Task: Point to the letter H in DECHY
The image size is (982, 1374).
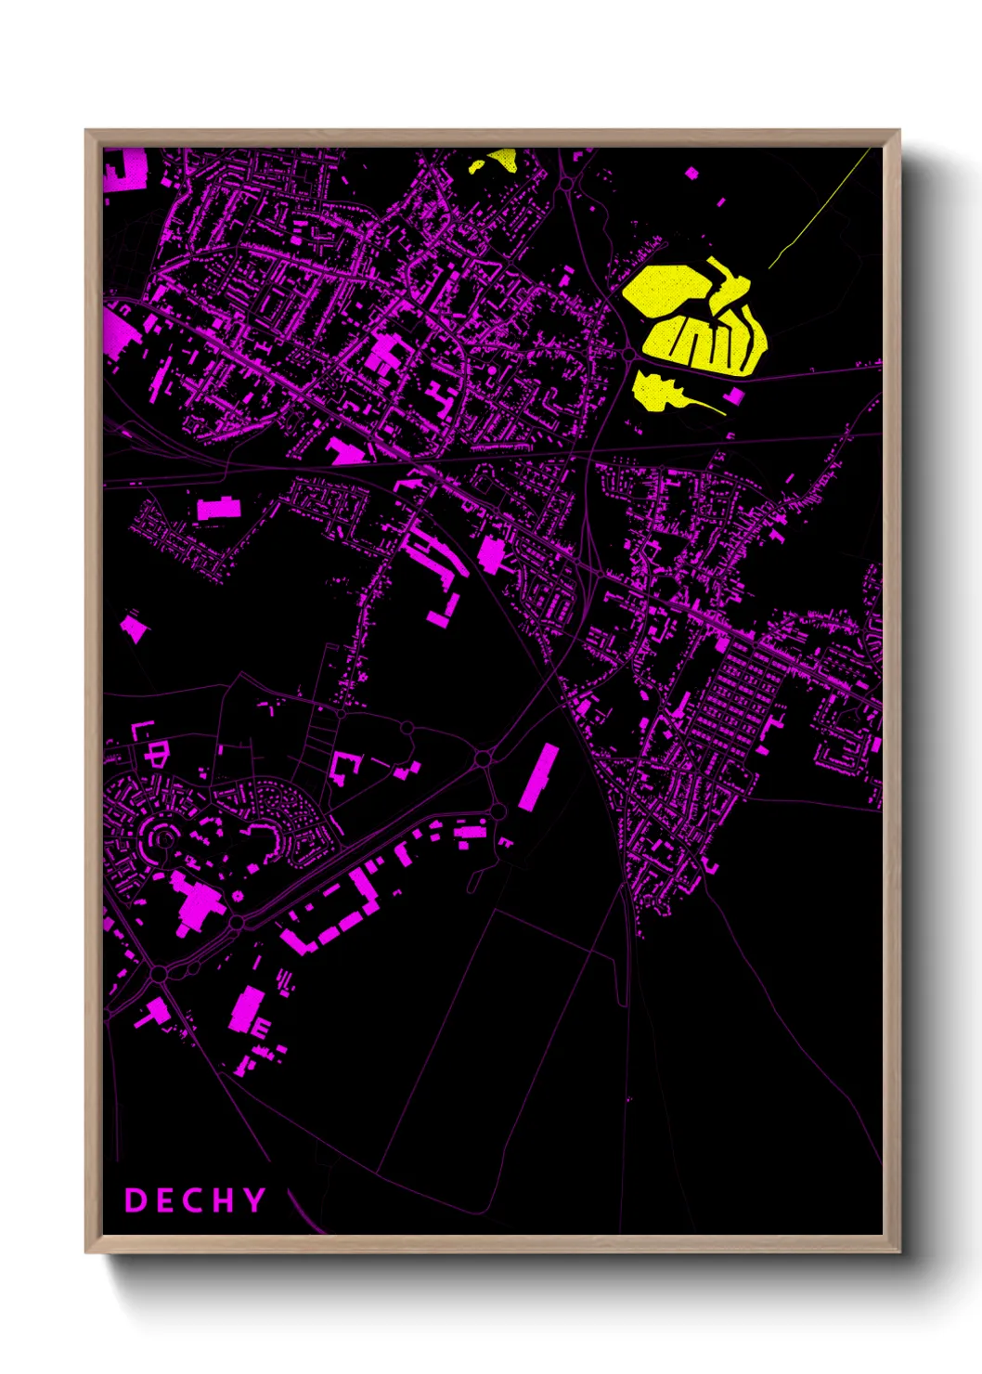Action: (223, 1200)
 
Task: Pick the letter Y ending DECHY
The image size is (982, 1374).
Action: (253, 1200)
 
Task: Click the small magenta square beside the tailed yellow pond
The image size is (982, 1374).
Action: (735, 396)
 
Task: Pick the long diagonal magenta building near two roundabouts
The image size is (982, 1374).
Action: (538, 776)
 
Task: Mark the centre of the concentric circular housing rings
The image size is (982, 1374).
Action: (163, 838)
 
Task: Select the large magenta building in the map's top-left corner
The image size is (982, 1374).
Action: (124, 170)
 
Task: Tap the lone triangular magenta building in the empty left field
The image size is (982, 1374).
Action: (134, 629)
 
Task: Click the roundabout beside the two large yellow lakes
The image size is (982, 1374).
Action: (628, 354)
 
